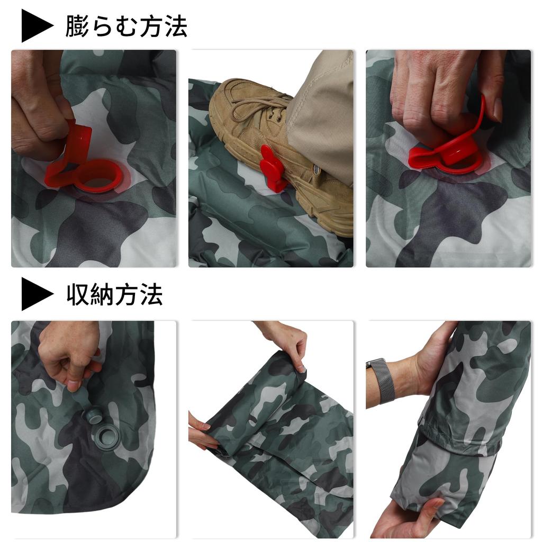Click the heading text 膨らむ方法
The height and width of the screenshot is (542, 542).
(x=126, y=26)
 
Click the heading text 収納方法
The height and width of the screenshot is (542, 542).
(x=114, y=294)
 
